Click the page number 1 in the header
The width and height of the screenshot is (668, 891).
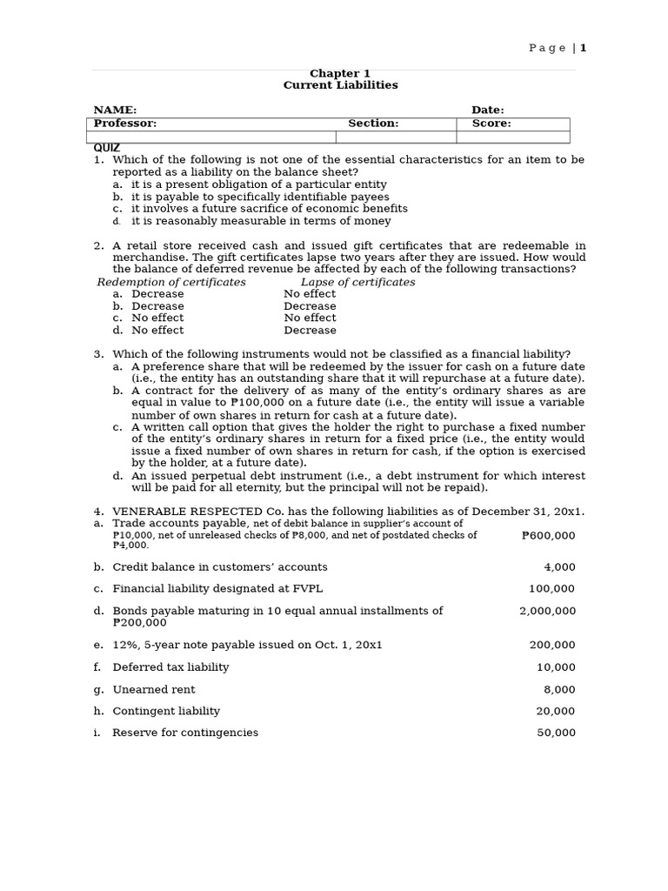tap(584, 49)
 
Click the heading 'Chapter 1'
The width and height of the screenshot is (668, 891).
tap(340, 74)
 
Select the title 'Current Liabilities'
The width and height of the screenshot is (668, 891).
tap(340, 85)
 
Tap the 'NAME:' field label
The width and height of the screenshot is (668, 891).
tap(115, 111)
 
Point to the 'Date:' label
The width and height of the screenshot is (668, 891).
tap(487, 111)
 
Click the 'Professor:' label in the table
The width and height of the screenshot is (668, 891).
tap(125, 124)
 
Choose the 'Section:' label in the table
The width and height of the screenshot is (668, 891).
tap(373, 124)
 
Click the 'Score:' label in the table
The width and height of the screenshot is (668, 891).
tap(491, 124)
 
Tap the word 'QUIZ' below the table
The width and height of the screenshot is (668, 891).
tap(107, 148)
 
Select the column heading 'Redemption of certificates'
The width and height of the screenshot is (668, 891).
tap(171, 283)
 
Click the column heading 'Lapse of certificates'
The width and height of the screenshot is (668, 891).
tap(357, 283)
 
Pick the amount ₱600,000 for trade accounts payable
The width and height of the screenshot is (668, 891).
tap(548, 536)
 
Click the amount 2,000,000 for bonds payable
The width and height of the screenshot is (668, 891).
tap(547, 611)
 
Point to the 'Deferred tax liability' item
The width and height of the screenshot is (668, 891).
tap(170, 667)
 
